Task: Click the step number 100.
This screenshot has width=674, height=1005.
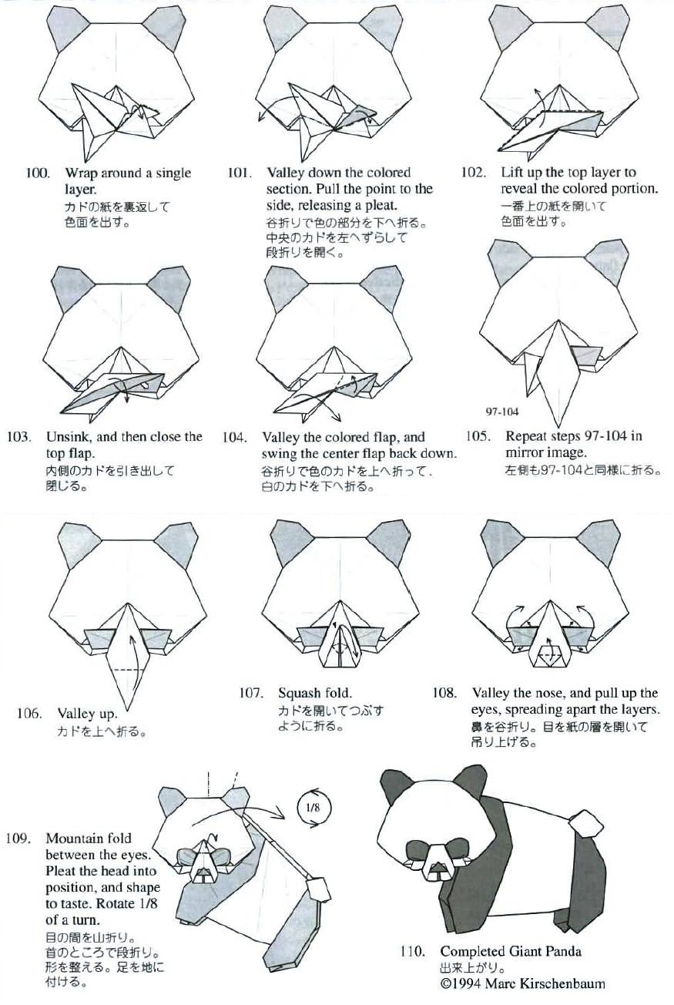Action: coord(38,173)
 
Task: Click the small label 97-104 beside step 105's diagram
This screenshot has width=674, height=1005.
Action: coord(501,412)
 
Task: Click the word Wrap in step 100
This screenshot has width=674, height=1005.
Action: coord(82,173)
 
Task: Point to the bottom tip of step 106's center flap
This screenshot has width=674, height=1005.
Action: coord(127,711)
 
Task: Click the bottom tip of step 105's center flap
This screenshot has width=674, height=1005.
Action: coord(558,427)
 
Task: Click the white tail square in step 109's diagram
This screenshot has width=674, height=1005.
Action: coord(318,886)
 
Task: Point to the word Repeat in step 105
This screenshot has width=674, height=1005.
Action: coord(528,436)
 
